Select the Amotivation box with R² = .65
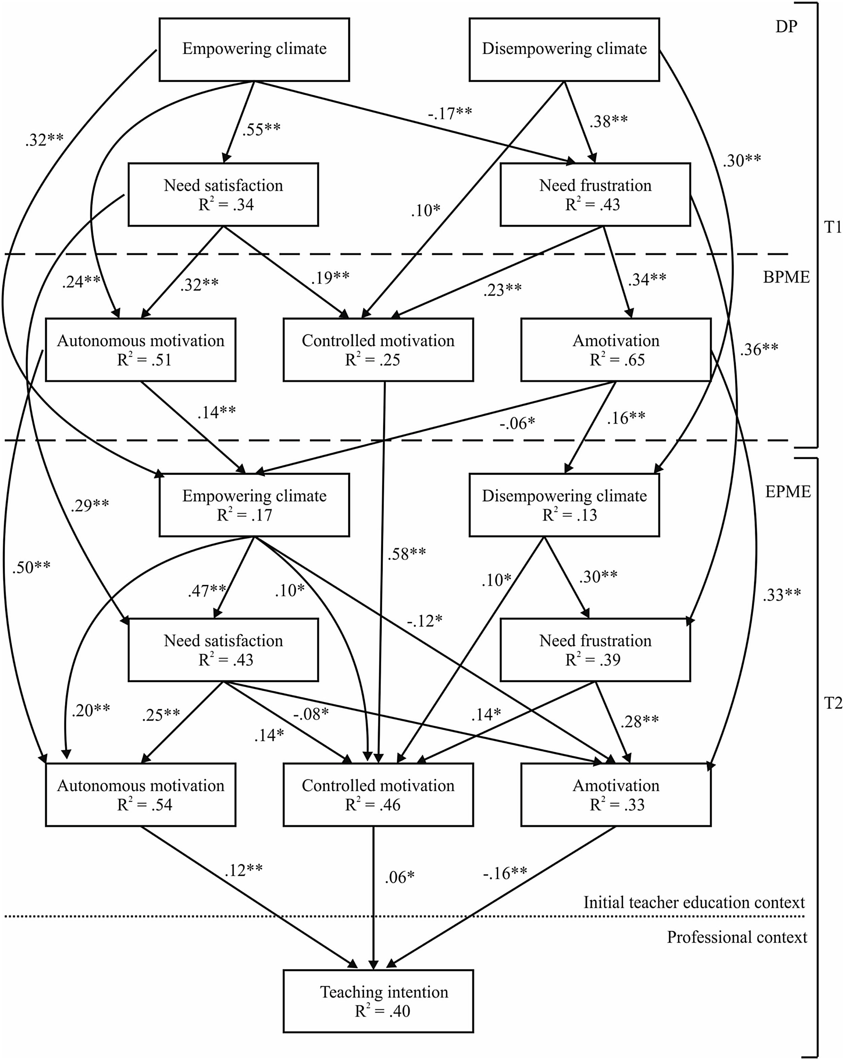click(x=616, y=350)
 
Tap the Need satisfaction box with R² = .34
click(x=223, y=195)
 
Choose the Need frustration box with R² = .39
click(x=595, y=650)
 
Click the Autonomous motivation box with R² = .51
click(x=141, y=350)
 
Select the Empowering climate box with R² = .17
click(x=254, y=505)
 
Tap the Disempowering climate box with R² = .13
click(x=564, y=505)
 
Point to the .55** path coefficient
click(x=261, y=129)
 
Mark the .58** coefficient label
click(x=407, y=554)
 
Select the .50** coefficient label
click(x=31, y=567)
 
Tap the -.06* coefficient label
click(x=518, y=423)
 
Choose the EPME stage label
click(x=787, y=492)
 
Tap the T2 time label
click(x=833, y=704)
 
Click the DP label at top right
click(x=786, y=27)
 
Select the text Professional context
click(x=736, y=937)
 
